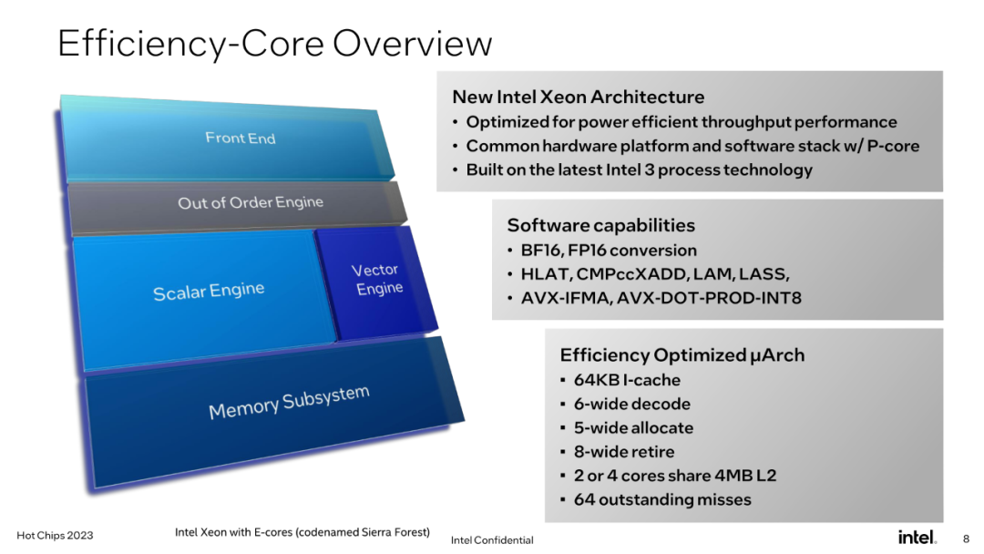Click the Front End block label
pyautogui.click(x=241, y=138)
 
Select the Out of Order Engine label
pyautogui.click(x=251, y=202)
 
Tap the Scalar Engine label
pyautogui.click(x=209, y=291)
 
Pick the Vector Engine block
pyautogui.click(x=376, y=282)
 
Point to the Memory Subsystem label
pyautogui.click(x=290, y=402)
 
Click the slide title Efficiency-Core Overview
pyautogui.click(x=275, y=44)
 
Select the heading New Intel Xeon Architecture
pyautogui.click(x=578, y=97)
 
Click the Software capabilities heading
pyautogui.click(x=601, y=225)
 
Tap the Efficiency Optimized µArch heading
pyautogui.click(x=682, y=355)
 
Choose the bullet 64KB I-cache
pyautogui.click(x=627, y=380)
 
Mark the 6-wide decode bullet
pyautogui.click(x=632, y=404)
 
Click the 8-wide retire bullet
pyautogui.click(x=624, y=452)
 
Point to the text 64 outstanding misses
pyautogui.click(x=662, y=499)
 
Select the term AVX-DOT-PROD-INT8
pyautogui.click(x=709, y=298)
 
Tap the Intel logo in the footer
pyautogui.click(x=917, y=537)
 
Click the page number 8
pyautogui.click(x=967, y=539)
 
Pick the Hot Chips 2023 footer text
pyautogui.click(x=55, y=535)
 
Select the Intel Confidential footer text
pyautogui.click(x=492, y=539)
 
